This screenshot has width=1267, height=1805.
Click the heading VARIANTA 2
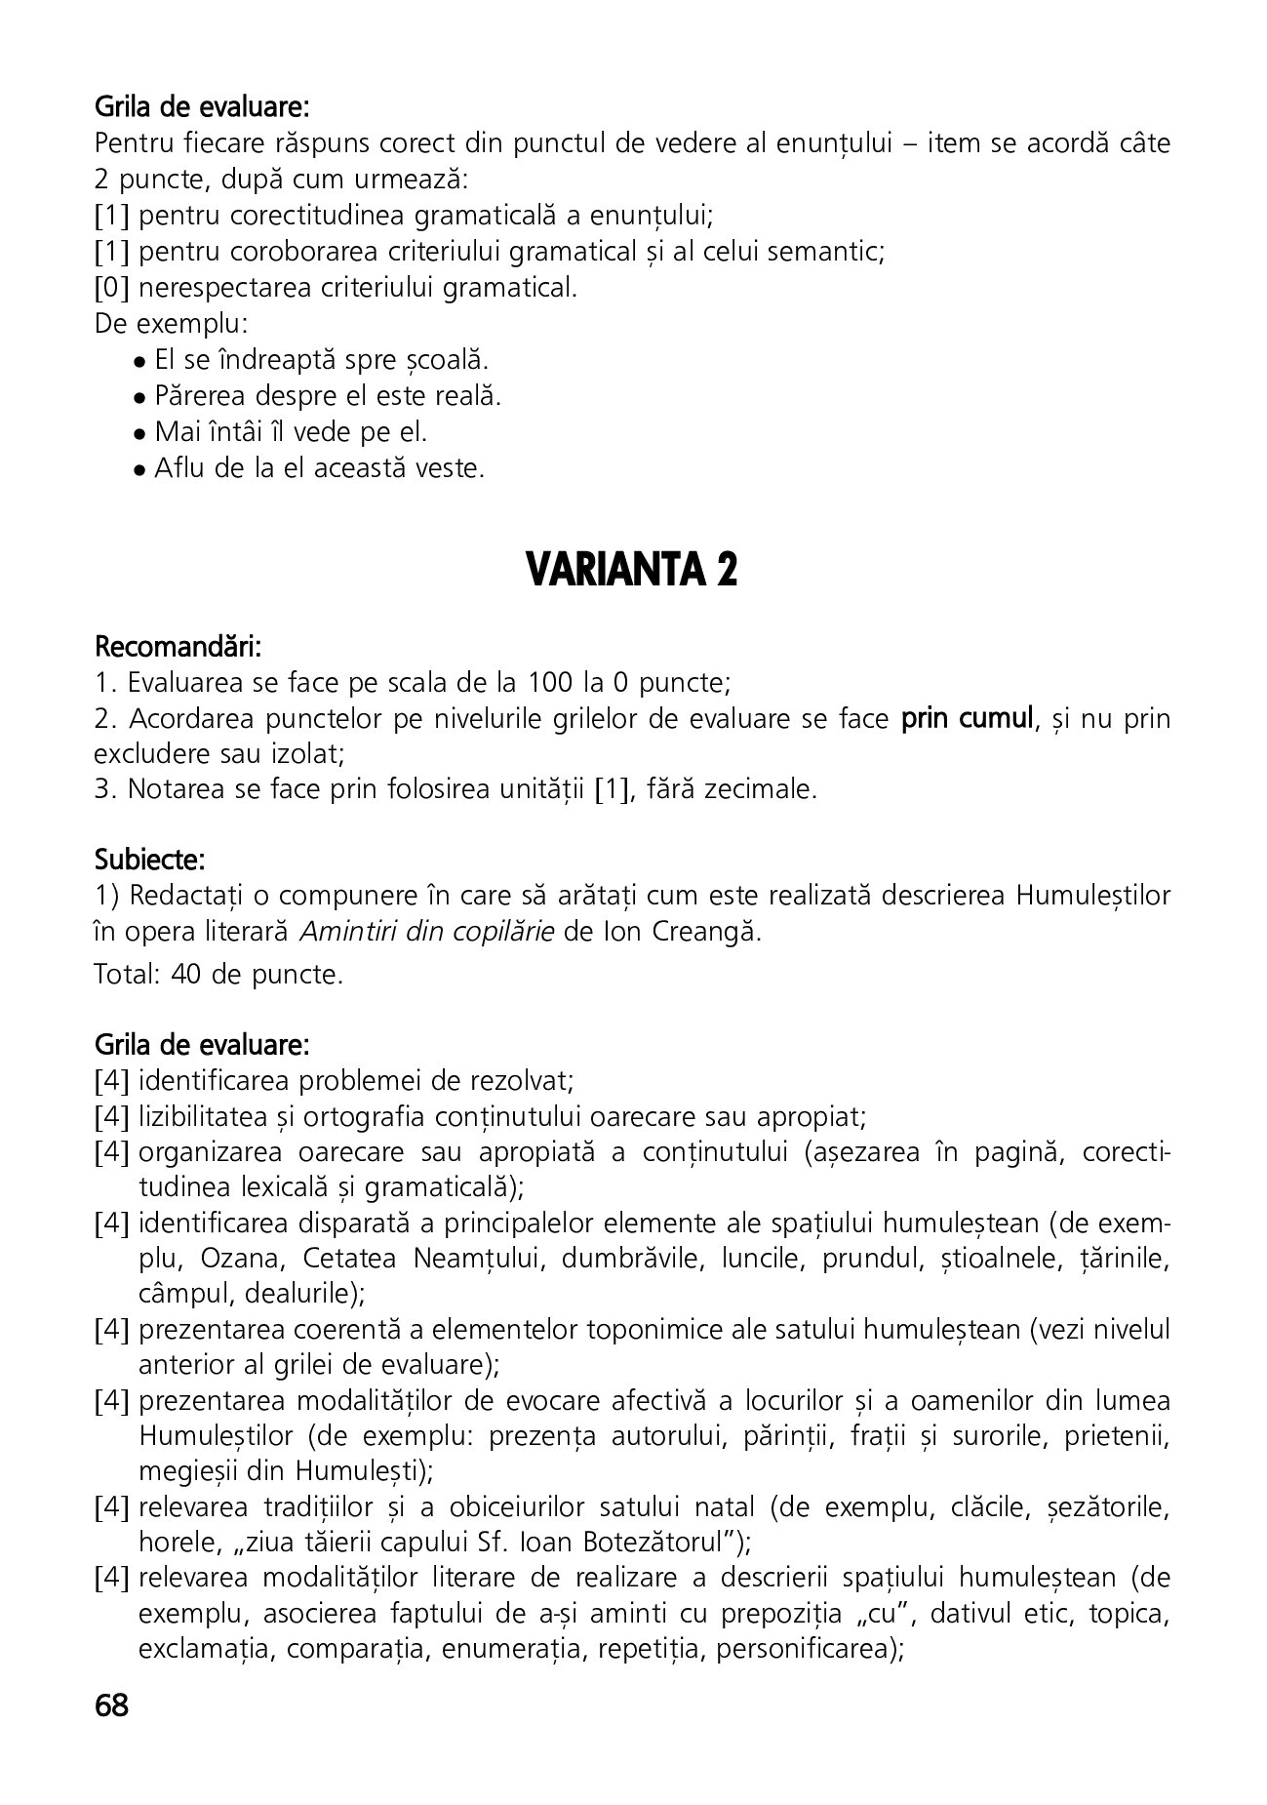[631, 570]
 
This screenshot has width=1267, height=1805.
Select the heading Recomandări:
[178, 647]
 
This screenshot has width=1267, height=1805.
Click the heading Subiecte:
[149, 861]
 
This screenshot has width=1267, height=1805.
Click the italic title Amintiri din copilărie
[427, 932]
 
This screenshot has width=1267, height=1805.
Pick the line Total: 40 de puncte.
[218, 975]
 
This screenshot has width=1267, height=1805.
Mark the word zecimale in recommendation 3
[767, 789]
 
